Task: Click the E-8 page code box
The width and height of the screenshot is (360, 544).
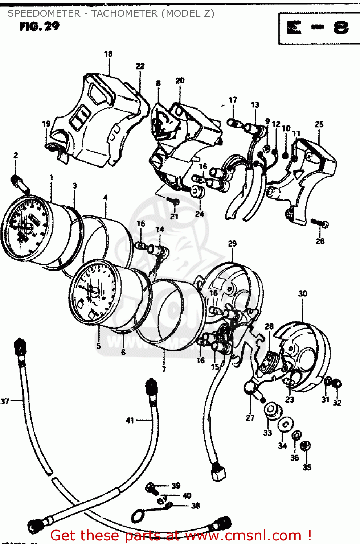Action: point(319,28)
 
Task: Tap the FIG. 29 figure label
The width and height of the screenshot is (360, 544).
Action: point(39,26)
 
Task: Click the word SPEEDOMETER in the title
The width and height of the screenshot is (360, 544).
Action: point(44,13)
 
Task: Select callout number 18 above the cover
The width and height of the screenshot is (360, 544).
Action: point(108,54)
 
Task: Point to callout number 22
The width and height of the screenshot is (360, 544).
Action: point(140,66)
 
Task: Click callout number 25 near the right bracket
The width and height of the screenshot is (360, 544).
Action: point(319,124)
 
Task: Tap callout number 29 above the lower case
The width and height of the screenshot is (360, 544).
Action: point(232,244)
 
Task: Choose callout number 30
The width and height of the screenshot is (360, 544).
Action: point(303,293)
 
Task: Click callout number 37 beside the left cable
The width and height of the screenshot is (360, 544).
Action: point(5,401)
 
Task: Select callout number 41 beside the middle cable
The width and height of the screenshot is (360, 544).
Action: point(130,421)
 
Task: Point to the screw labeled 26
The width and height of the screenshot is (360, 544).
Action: point(320,223)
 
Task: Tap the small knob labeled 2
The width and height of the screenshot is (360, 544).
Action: point(20,183)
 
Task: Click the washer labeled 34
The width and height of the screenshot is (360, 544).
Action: point(286,424)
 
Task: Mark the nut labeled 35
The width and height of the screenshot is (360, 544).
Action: point(306,446)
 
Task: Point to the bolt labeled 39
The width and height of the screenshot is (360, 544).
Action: point(151,488)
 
